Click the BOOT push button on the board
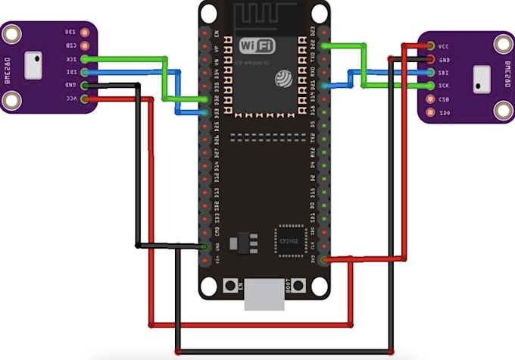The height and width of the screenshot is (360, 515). [x=299, y=286]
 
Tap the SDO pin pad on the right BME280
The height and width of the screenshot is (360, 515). [x=431, y=111]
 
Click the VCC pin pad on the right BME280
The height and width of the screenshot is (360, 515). [x=431, y=45]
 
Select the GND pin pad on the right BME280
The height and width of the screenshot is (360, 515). [x=431, y=59]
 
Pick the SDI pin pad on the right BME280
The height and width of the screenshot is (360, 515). [x=431, y=72]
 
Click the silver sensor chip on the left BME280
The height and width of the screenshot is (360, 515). [x=33, y=65]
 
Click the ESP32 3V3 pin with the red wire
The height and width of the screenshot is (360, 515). [x=324, y=260]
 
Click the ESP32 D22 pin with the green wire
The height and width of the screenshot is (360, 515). [x=324, y=46]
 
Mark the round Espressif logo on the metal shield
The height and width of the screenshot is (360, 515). [x=284, y=78]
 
